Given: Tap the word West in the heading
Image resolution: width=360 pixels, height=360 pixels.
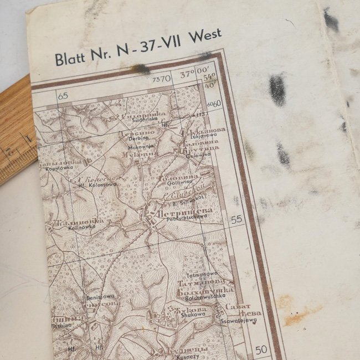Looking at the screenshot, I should point(204,38).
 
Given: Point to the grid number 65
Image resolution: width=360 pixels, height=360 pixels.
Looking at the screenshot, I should point(63,96).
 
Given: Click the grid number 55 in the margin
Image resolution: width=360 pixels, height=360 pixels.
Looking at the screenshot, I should point(236,219).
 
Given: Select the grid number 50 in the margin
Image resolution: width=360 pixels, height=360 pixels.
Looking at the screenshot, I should point(261,349).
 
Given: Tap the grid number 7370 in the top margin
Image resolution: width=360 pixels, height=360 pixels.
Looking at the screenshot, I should point(162,79).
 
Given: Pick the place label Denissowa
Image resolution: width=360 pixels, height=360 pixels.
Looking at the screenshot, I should point(100,297).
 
